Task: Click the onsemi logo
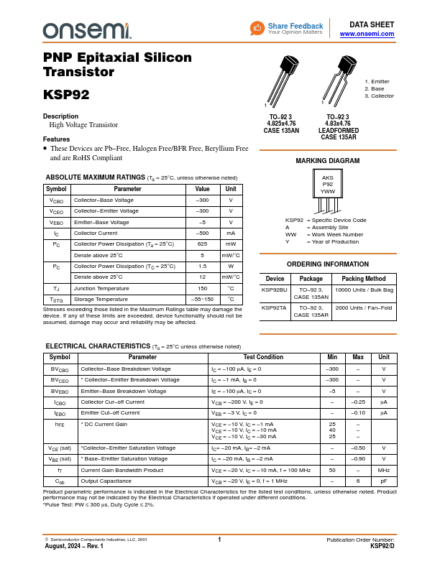pyautogui.click(x=87, y=29)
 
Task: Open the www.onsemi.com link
pyautogui.click(x=367, y=34)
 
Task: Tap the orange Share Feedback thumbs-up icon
pyautogui.click(x=257, y=28)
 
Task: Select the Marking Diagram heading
pyautogui.click(x=327, y=161)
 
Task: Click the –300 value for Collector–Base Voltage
pyautogui.click(x=203, y=200)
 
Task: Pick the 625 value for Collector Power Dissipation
pyautogui.click(x=203, y=244)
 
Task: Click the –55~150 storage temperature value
pyautogui.click(x=203, y=299)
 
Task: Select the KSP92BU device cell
pyautogui.click(x=274, y=290)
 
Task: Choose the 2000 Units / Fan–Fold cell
pyautogui.click(x=364, y=307)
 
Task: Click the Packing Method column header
pyautogui.click(x=364, y=278)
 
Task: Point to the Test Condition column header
pyautogui.click(x=263, y=357)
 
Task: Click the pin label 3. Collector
pyautogui.click(x=379, y=96)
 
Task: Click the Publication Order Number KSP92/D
pyautogui.click(x=382, y=546)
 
